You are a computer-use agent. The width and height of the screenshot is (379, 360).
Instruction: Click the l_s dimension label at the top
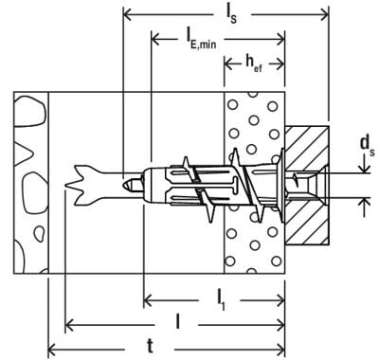click(x=231, y=11)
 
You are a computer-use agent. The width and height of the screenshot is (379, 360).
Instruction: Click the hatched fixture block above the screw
click(x=305, y=142)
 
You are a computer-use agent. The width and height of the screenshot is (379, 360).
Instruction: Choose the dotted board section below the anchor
click(x=254, y=242)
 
